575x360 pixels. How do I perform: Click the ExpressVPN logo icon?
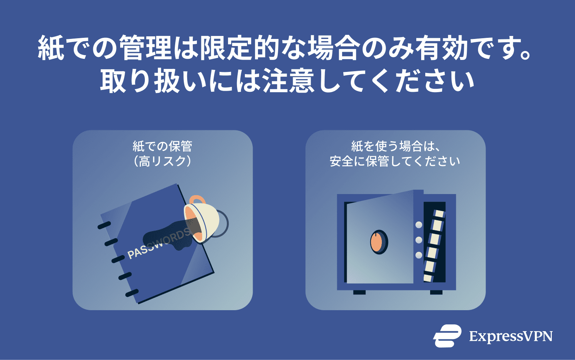pyautogui.click(x=447, y=336)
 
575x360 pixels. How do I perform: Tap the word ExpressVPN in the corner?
pyautogui.click(x=511, y=336)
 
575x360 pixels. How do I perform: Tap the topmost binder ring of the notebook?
pyautogui.click(x=104, y=225)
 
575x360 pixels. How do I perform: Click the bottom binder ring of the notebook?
pyautogui.click(x=132, y=293)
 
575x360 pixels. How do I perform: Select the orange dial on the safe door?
pyautogui.click(x=378, y=242)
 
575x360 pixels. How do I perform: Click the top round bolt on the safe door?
pyautogui.click(x=419, y=225)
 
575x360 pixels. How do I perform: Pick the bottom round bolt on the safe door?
pyautogui.click(x=419, y=255)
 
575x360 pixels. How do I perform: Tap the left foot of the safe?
pyautogui.click(x=359, y=293)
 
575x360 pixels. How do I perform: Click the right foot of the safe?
pyautogui.click(x=436, y=293)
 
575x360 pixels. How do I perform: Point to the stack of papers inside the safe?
pyautogui.click(x=434, y=246)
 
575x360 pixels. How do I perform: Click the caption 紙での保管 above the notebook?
pyautogui.click(x=162, y=146)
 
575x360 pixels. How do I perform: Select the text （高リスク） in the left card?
pyautogui.click(x=162, y=161)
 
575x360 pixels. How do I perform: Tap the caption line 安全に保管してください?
pyautogui.click(x=395, y=161)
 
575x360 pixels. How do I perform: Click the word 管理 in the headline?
pyautogui.click(x=145, y=48)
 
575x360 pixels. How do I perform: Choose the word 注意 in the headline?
pyautogui.click(x=288, y=81)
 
